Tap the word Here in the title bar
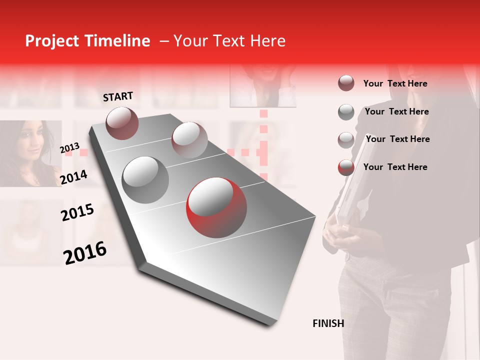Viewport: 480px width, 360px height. (x=267, y=41)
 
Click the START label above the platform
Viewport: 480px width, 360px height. (x=118, y=96)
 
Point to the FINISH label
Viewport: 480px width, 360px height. (x=328, y=323)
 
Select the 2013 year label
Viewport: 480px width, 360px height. (x=69, y=148)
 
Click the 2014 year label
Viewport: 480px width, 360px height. (x=74, y=177)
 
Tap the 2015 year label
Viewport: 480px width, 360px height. (x=77, y=213)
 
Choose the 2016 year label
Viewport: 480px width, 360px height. (x=85, y=253)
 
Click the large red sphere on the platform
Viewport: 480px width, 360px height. (x=216, y=207)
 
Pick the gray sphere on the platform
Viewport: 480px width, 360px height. (x=145, y=180)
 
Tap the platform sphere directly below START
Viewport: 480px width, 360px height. (x=122, y=123)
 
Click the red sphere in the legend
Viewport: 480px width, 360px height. (x=346, y=167)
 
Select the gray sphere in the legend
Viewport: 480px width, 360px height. (x=346, y=112)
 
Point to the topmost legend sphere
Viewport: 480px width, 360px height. (x=346, y=83)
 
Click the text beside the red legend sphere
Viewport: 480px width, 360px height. (x=395, y=167)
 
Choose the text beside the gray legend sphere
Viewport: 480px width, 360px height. (x=396, y=111)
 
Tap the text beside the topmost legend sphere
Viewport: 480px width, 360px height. (x=395, y=83)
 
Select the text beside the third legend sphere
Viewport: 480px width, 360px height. (x=397, y=139)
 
